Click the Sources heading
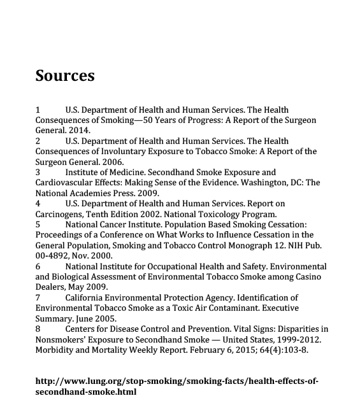(x=65, y=76)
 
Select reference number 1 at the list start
(x=38, y=110)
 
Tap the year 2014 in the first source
(x=79, y=131)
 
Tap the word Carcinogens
(x=62, y=214)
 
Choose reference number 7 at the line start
(x=38, y=298)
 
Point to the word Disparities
(x=298, y=329)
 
